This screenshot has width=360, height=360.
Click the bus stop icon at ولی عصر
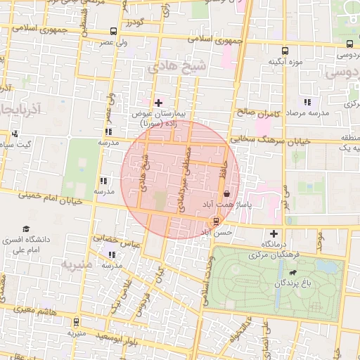click(114, 32)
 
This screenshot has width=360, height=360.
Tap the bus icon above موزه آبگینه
click(285, 51)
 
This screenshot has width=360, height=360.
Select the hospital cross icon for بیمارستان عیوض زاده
click(158, 103)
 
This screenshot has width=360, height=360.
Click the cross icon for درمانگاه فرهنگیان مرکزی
click(274, 233)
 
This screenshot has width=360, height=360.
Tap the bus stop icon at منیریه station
click(76, 322)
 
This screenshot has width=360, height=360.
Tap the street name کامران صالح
click(259, 112)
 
